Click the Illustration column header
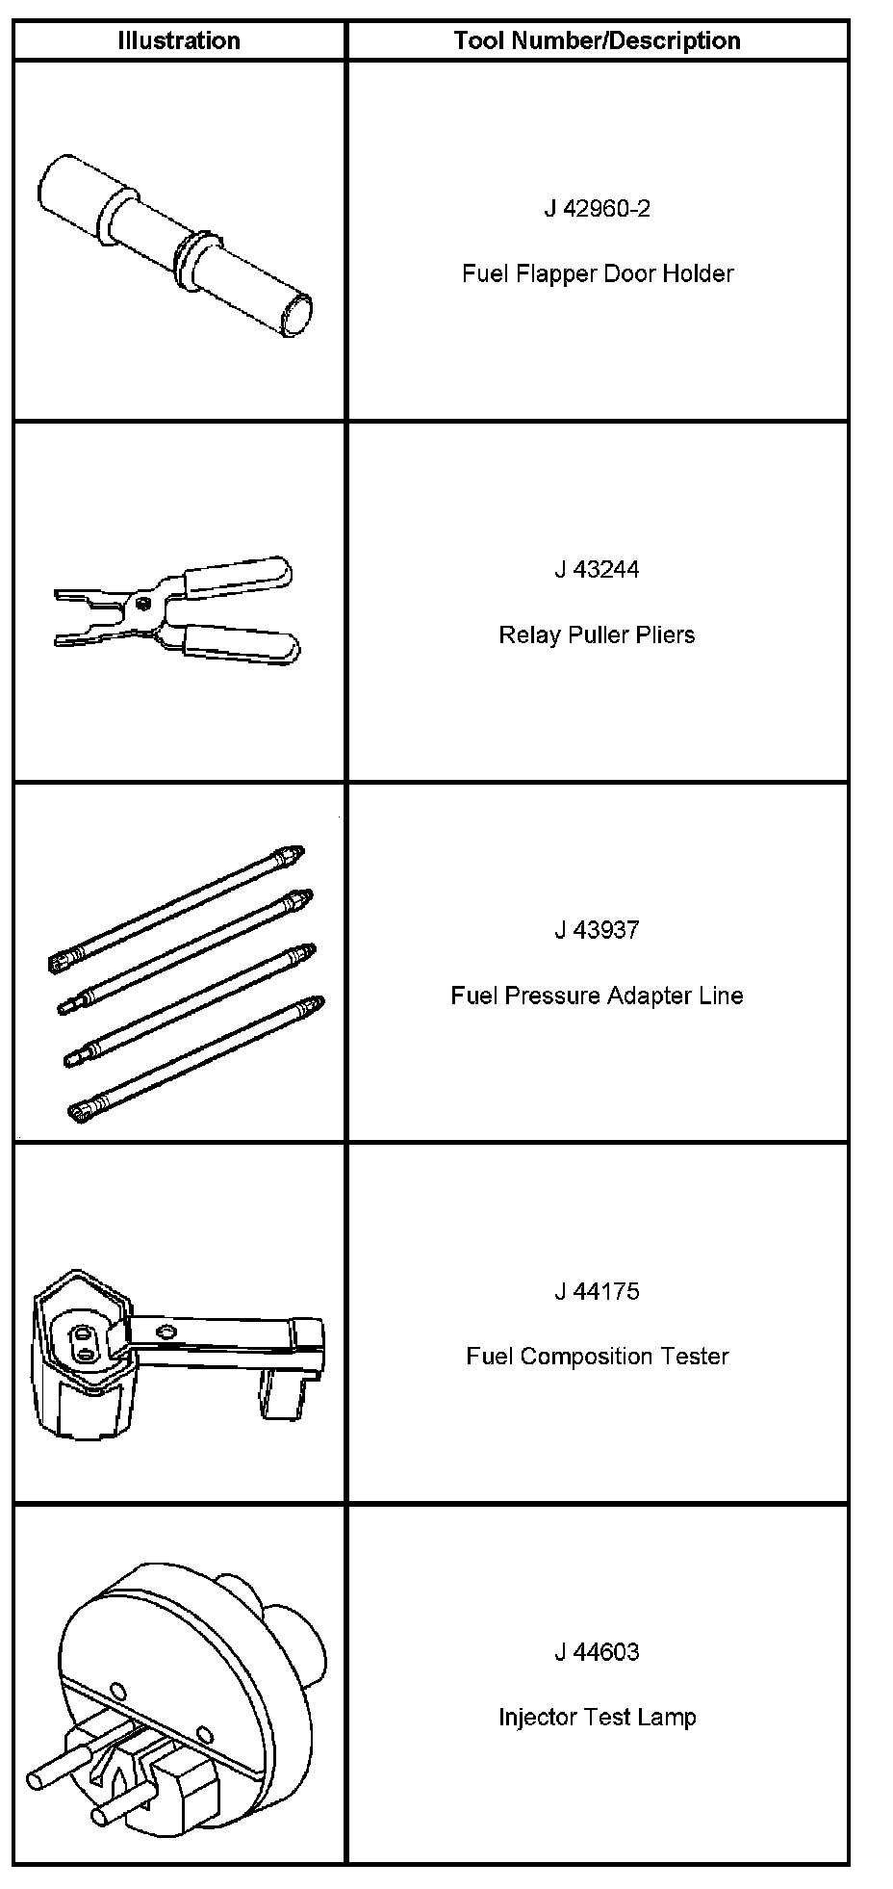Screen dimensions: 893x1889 (x=179, y=40)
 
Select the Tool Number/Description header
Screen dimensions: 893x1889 (x=597, y=40)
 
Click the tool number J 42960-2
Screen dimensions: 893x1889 (x=597, y=208)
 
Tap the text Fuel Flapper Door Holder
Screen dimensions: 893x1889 (x=597, y=273)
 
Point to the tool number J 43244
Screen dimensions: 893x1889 (x=597, y=569)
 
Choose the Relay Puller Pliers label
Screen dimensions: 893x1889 (x=597, y=634)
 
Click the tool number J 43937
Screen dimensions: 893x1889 (x=597, y=930)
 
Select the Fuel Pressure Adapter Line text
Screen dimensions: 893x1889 (x=597, y=996)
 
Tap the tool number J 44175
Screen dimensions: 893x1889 (x=597, y=1291)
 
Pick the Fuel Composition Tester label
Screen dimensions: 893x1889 (x=597, y=1357)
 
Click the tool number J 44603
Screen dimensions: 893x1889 (x=597, y=1652)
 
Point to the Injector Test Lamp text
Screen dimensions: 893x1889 (x=597, y=1718)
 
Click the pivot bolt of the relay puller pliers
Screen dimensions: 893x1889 (x=142, y=604)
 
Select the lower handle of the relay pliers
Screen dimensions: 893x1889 (x=241, y=643)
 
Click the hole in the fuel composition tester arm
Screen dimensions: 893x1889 (x=166, y=1332)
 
